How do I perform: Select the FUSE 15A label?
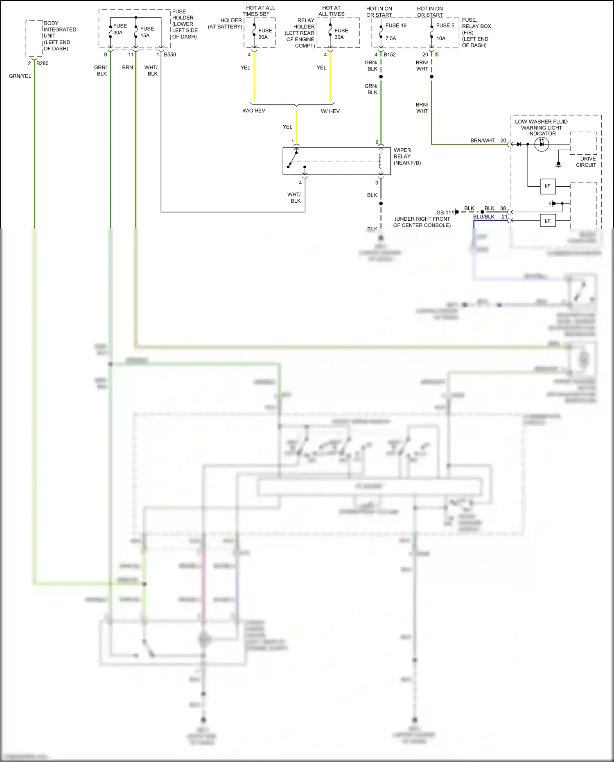point(147,32)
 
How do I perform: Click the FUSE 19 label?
point(395,25)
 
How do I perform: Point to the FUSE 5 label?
point(445,25)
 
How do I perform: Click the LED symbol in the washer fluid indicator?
point(542,144)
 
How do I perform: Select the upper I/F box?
point(547,186)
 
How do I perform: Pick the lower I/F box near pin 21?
point(547,221)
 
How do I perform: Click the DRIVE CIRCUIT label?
point(587,162)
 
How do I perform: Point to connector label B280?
point(43,63)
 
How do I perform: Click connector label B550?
point(170,54)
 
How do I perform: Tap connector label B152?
point(390,54)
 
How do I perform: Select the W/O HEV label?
point(254,111)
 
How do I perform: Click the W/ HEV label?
point(330,111)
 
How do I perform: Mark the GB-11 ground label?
point(443,213)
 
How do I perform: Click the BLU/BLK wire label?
point(483,217)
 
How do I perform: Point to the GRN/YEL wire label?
point(20,76)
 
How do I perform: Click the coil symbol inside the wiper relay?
point(380,161)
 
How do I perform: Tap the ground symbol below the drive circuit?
point(558,165)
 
